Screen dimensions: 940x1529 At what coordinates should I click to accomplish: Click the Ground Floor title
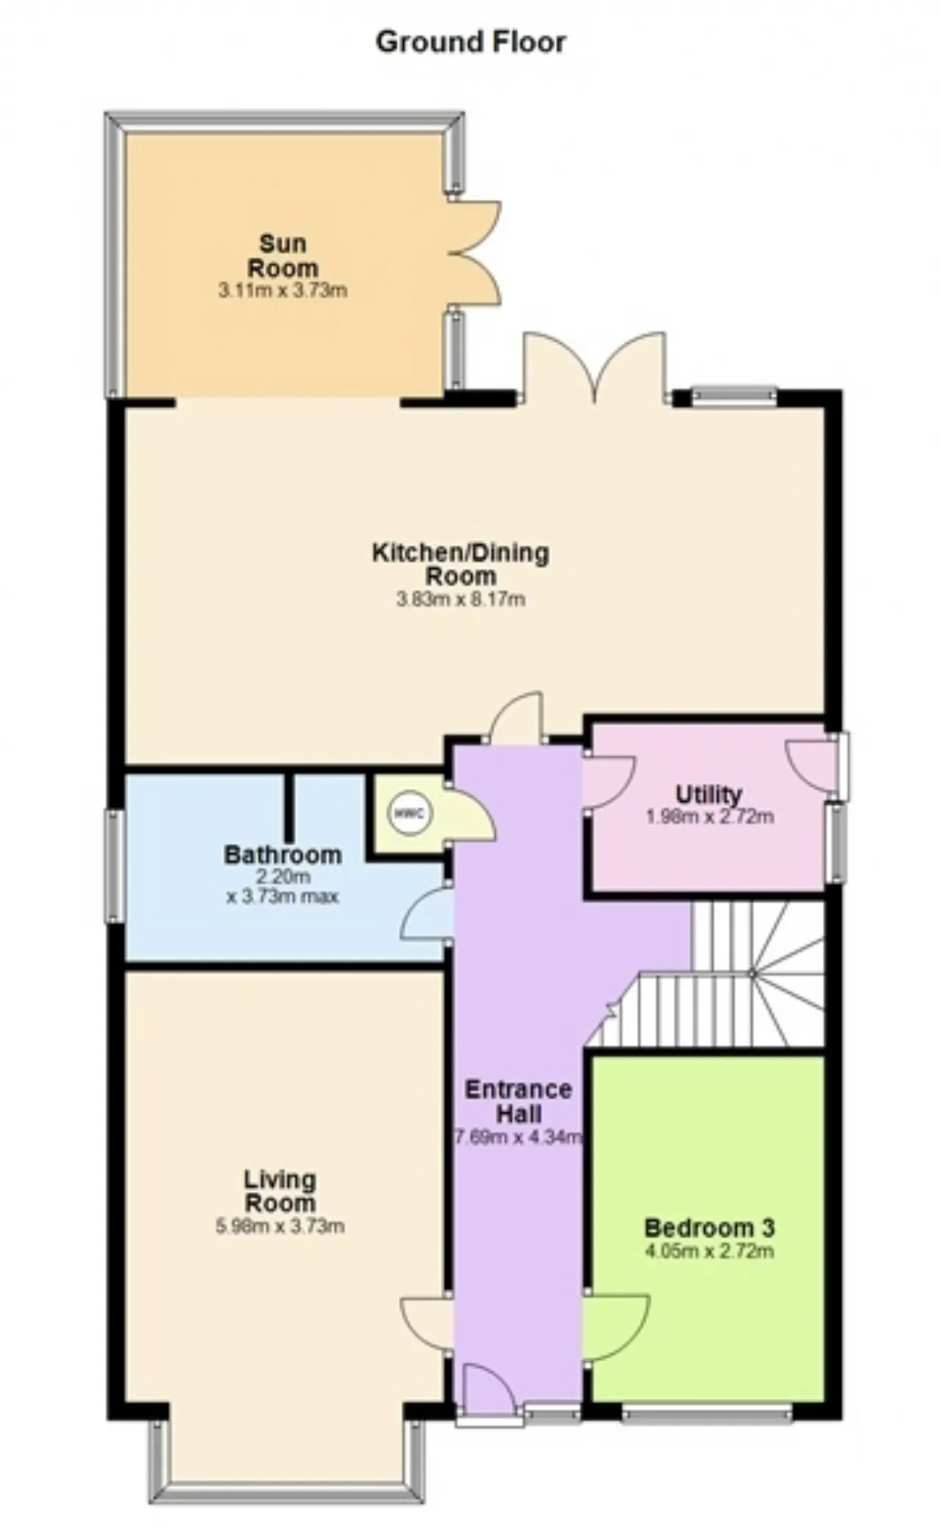(471, 43)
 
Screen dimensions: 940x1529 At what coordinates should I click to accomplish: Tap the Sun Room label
(283, 255)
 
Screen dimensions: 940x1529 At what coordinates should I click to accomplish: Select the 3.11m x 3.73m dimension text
(283, 291)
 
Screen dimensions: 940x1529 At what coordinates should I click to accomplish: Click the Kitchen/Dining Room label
(460, 563)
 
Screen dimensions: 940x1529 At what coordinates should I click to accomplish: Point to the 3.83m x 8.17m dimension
(460, 599)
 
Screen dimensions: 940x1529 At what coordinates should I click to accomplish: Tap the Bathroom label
(283, 855)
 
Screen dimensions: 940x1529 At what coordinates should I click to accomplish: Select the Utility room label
(709, 795)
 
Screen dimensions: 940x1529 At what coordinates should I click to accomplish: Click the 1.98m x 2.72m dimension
(709, 816)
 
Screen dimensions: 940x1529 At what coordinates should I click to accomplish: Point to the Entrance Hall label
(518, 1101)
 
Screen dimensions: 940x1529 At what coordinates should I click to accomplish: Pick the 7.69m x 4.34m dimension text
(518, 1138)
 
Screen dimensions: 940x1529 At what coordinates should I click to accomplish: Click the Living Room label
(280, 1191)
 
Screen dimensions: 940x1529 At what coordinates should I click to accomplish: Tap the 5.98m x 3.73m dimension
(280, 1226)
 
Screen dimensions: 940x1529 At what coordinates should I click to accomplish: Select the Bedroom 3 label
(709, 1227)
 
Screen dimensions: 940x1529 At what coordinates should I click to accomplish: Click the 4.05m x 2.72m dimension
(709, 1251)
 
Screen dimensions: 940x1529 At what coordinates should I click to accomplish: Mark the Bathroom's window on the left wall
(114, 866)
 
